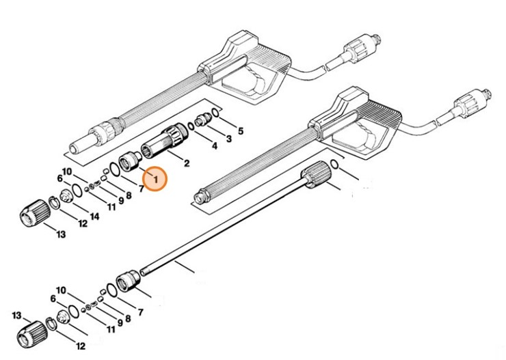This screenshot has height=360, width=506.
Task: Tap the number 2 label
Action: coord(187,163)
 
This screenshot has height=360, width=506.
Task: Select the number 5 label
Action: coord(240,130)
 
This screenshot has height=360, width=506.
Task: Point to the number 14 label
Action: coord(94,217)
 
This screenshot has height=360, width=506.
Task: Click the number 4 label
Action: coord(214,146)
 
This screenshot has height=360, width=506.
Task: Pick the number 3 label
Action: coord(228,138)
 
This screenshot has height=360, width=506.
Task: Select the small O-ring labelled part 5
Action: coord(215,111)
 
